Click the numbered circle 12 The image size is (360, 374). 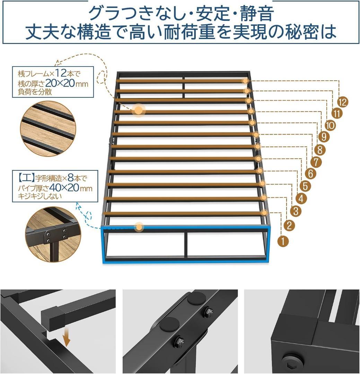pos(342,102)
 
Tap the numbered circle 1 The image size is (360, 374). pos(283,241)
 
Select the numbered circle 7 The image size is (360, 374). pos(316,162)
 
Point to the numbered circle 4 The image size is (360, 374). pos(301,198)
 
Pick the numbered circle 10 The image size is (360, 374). pos(331,125)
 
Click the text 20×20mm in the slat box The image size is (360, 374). pos(67,83)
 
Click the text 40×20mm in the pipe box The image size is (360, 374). pos(71,188)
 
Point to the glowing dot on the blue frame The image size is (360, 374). pos(139,226)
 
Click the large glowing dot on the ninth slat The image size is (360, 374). pos(139,110)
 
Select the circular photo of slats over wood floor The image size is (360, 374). pos(48,129)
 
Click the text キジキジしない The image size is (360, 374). pos(40,196)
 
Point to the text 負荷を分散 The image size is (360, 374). pos(35,92)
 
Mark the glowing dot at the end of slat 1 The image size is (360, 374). pos(264,213)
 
